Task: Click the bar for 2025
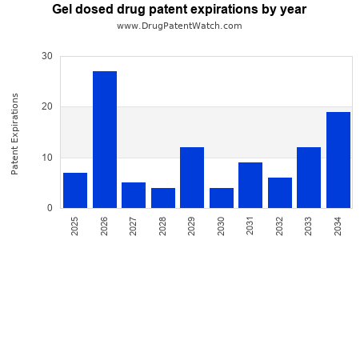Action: pos(75,190)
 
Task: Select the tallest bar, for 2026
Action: pos(105,140)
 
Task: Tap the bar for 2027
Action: pos(134,195)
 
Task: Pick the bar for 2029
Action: pos(192,178)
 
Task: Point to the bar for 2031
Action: pos(250,185)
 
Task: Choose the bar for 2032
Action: pos(280,193)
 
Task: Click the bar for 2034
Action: pos(338,160)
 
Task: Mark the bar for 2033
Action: pos(309,178)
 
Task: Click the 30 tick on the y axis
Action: pos(47,56)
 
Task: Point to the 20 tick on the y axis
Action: pos(47,106)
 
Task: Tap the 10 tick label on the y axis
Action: pos(47,158)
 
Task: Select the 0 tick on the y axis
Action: pos(50,208)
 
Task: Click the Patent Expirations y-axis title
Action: pos(15,134)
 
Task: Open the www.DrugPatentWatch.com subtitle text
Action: pos(179,26)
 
